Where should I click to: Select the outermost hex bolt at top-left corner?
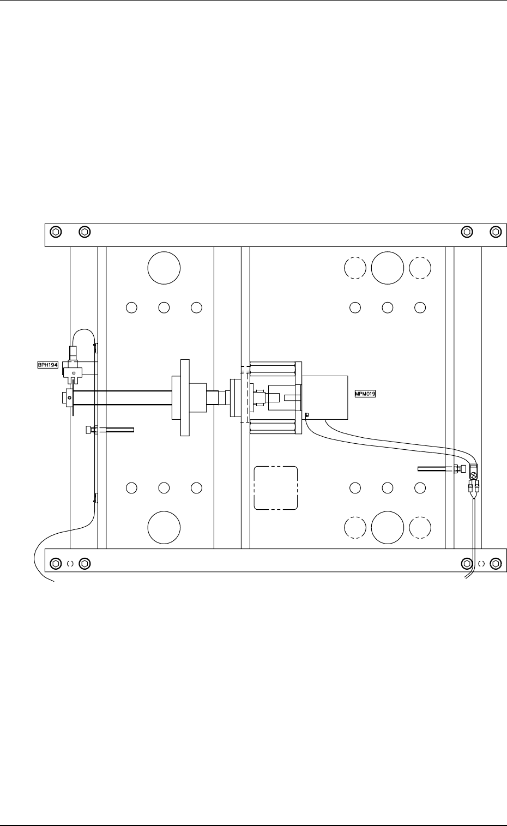55,232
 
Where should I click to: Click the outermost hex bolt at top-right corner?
496,232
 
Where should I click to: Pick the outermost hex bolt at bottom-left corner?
55,563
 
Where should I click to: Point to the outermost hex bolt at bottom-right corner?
496,563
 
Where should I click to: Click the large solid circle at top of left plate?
164,268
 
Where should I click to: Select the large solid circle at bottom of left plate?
164,527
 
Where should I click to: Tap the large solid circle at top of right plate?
388,268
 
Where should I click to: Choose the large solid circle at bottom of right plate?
388,527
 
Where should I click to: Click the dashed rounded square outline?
276,488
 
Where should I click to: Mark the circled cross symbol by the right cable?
473,475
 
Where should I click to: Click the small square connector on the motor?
307,415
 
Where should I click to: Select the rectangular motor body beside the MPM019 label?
325,397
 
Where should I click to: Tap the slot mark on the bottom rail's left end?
70,563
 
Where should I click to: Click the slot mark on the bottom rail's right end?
481,563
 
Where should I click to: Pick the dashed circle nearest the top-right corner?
420,268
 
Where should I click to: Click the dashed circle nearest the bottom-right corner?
420,527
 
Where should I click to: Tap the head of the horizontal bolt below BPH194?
88,430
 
